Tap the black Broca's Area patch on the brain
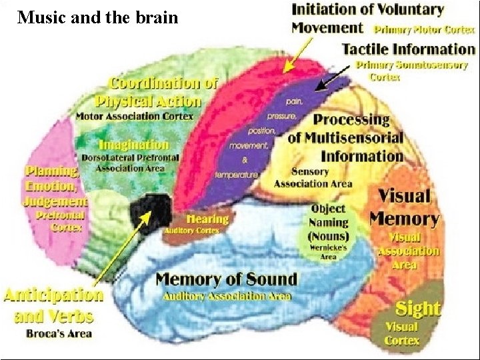pos(151,213)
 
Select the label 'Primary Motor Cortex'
pos(424,30)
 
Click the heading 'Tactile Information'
pos(408,49)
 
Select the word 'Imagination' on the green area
pos(134,145)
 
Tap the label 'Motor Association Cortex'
pos(135,116)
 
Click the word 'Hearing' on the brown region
pos(208,219)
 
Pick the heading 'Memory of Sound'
pos(226,279)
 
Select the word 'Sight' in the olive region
pos(418,308)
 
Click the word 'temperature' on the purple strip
pos(236,175)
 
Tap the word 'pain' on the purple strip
pos(294,102)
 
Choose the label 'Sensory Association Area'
pos(313,178)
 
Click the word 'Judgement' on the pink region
pos(56,200)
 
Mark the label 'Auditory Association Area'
pos(223,295)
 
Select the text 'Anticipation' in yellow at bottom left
pos(54,295)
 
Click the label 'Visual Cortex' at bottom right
pos(401,333)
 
